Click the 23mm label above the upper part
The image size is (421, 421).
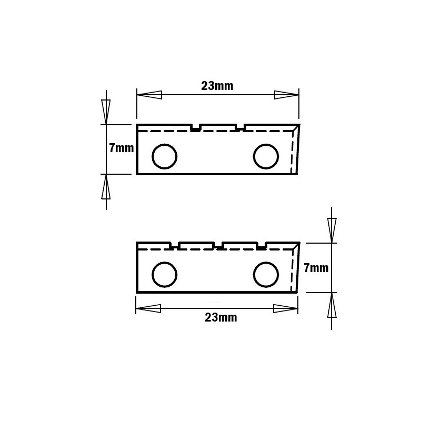217,86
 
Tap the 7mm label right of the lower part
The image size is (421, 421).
316,268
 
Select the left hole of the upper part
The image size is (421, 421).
164,156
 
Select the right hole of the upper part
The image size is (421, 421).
266,156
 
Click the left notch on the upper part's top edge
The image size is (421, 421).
196,128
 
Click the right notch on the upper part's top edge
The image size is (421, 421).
241,128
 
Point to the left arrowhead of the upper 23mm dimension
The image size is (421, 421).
149,95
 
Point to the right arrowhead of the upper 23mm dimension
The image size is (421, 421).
287,95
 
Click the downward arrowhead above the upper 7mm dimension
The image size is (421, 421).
106,112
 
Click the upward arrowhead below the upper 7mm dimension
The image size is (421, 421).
106,186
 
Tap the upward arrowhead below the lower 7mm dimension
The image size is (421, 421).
332,305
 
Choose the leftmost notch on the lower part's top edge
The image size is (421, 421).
174,246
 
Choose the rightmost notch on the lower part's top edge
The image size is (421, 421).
261,246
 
